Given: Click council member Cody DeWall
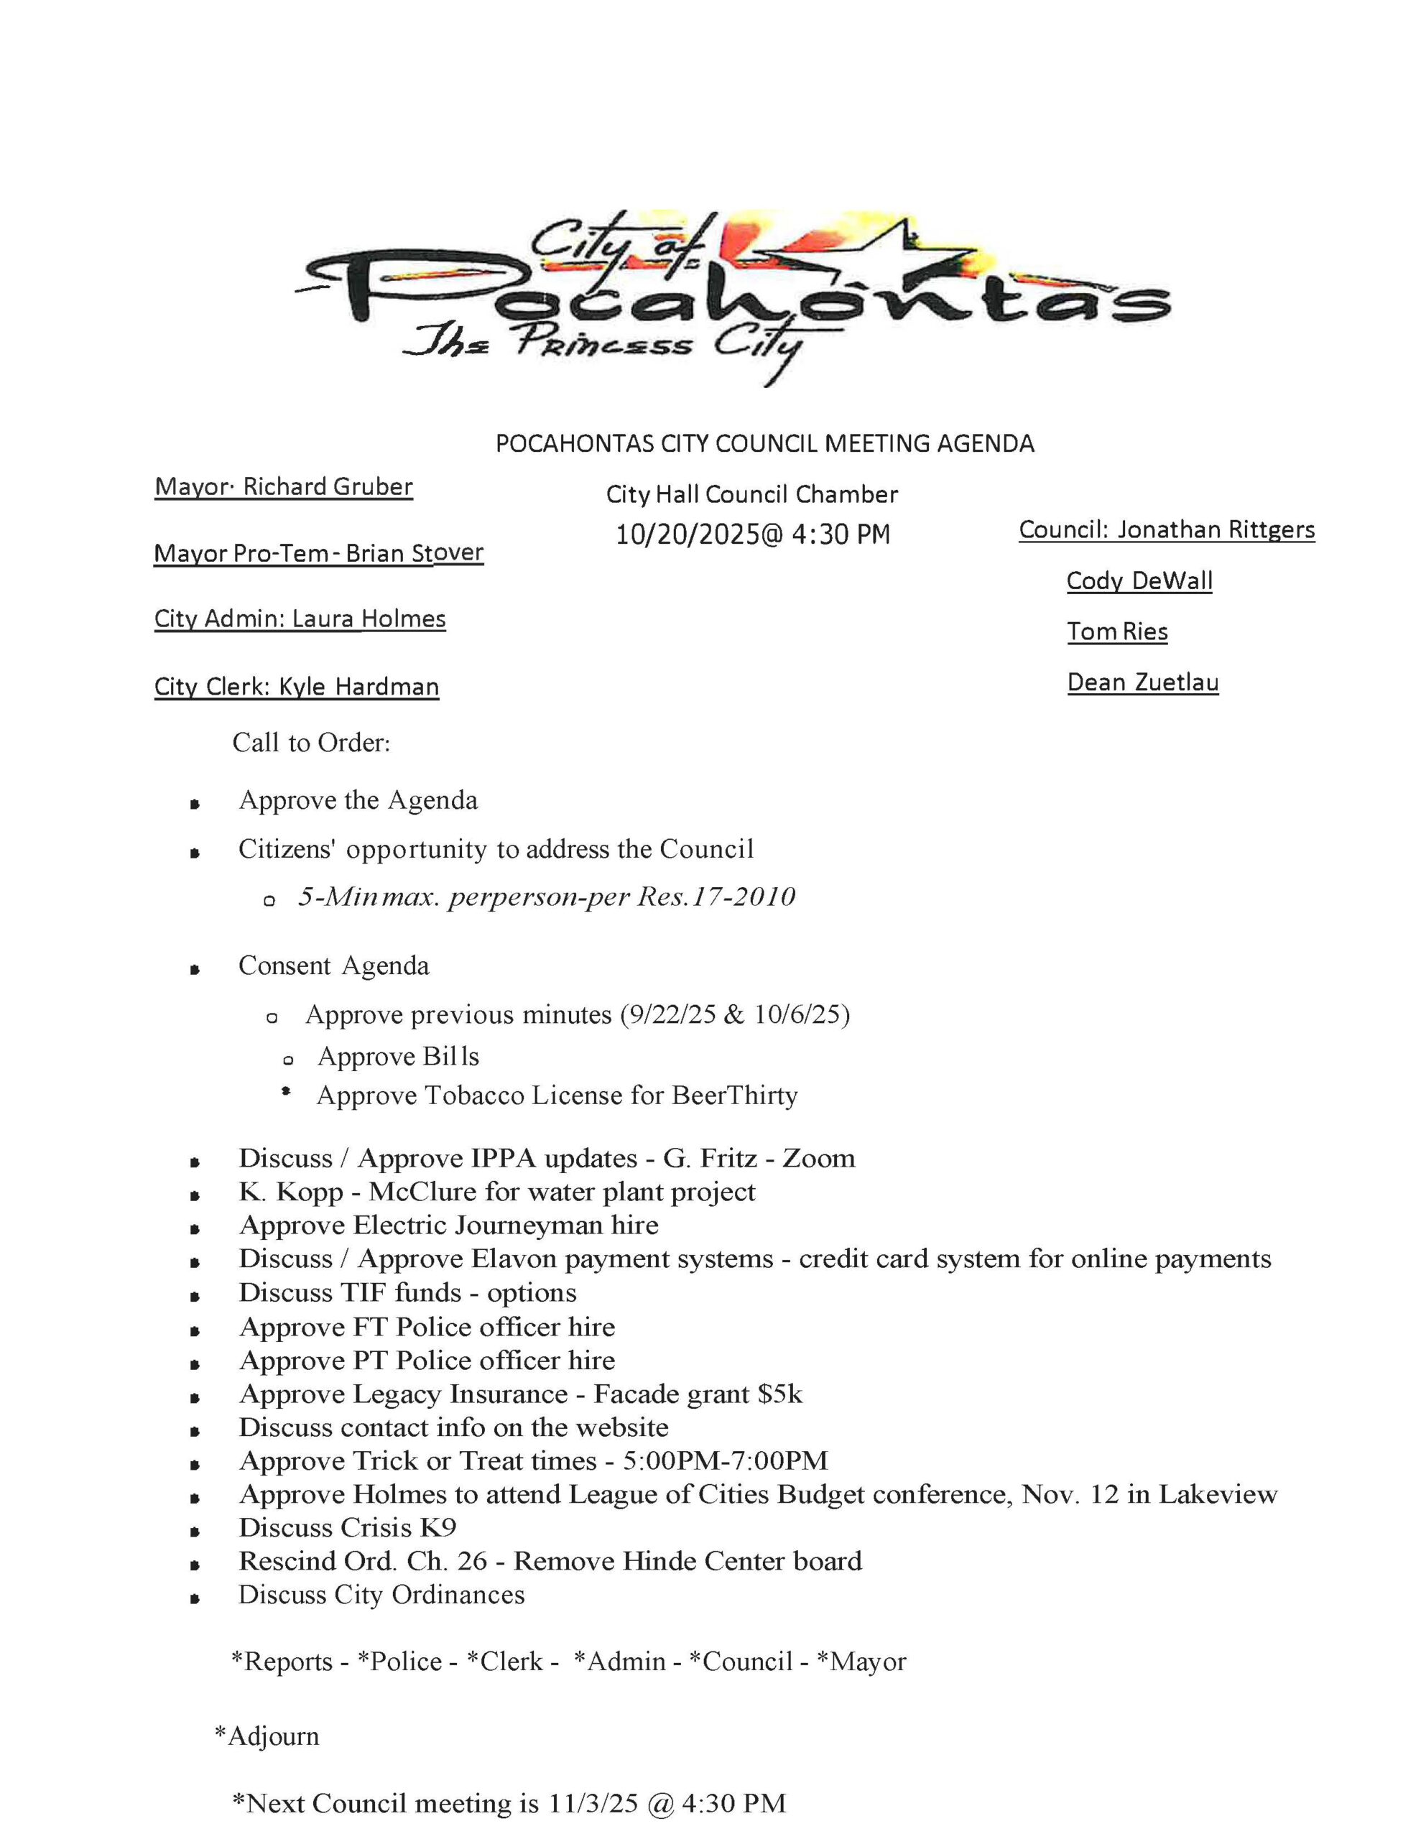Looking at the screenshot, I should point(1139,581).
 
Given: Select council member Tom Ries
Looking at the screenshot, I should point(1117,631).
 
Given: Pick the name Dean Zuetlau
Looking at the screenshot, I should point(1142,682).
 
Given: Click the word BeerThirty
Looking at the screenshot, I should point(734,1095).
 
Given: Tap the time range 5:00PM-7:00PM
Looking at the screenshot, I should point(726,1461).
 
